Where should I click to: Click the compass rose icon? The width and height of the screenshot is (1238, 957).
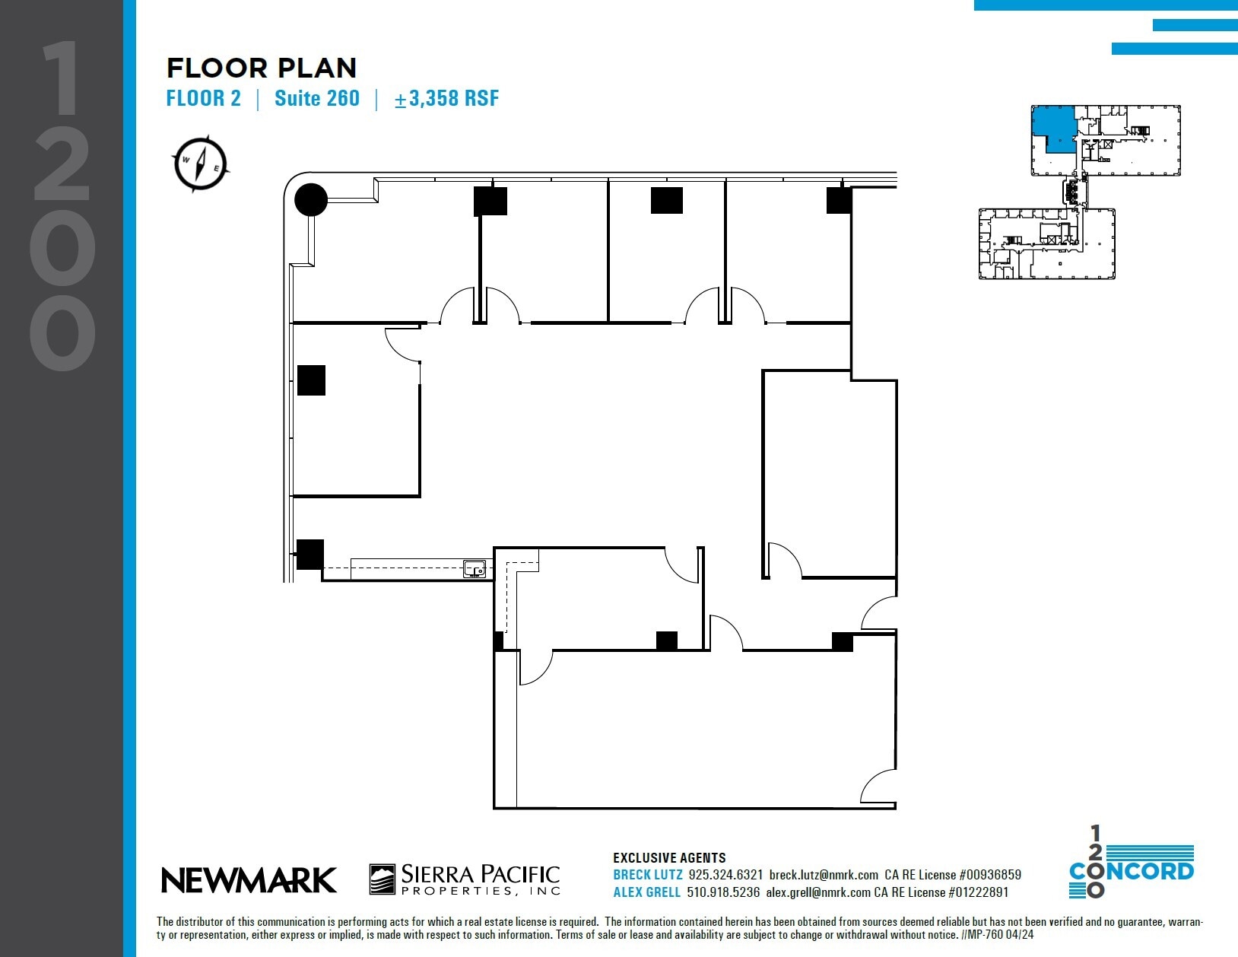click(x=201, y=163)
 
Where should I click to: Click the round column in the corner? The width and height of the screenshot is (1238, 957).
click(x=311, y=200)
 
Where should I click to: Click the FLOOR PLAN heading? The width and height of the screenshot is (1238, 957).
click(x=262, y=68)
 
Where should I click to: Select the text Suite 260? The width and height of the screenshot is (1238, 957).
click(x=316, y=98)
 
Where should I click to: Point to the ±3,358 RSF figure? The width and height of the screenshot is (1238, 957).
click(x=446, y=98)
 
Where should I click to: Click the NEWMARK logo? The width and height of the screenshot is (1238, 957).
click(x=249, y=880)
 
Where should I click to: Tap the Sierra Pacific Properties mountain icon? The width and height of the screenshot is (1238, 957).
click(x=382, y=879)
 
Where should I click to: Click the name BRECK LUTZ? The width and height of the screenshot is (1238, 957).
click(x=647, y=875)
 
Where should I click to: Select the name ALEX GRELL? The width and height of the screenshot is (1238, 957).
click(x=646, y=892)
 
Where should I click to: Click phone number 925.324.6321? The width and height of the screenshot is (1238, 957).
click(x=725, y=875)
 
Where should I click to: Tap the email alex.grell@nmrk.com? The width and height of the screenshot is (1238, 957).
click(x=817, y=892)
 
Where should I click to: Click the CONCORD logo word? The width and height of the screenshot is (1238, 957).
click(x=1132, y=871)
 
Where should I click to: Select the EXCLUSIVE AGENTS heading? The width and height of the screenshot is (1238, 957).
click(x=669, y=857)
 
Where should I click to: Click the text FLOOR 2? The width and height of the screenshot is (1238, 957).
click(x=203, y=98)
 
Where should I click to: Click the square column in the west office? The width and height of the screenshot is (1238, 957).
click(x=311, y=380)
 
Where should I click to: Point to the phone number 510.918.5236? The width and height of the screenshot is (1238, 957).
click(x=723, y=892)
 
